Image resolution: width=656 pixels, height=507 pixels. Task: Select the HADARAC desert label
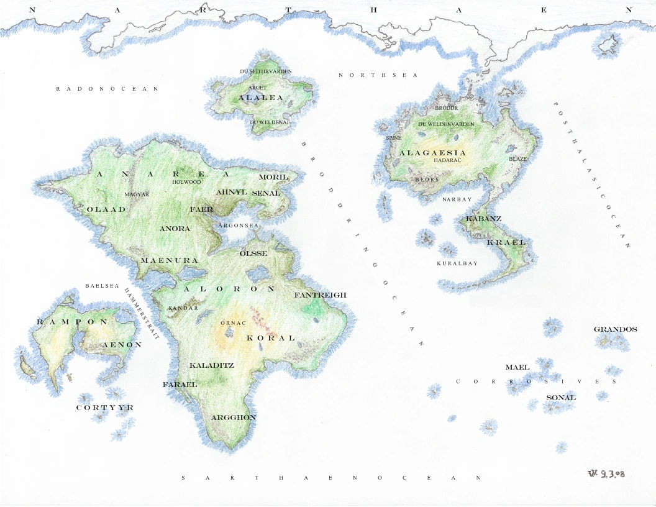[447, 160]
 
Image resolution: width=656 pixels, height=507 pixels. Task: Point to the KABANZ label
[483, 219]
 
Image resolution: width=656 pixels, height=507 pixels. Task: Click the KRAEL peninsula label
[506, 242]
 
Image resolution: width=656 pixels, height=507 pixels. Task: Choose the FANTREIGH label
[320, 295]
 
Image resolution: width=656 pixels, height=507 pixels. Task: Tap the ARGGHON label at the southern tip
[234, 418]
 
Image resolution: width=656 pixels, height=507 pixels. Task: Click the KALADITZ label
[212, 365]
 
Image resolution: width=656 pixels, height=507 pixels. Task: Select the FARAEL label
[180, 385]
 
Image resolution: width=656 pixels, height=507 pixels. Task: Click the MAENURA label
[169, 260]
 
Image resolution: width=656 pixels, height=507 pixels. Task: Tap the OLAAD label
[106, 209]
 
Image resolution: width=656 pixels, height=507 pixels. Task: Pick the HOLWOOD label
[186, 182]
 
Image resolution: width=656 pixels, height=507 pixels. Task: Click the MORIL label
[269, 177]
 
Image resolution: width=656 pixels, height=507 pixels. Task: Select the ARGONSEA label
[239, 225]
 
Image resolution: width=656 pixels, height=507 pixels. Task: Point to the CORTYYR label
[104, 408]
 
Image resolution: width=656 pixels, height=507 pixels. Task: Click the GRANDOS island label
[615, 329]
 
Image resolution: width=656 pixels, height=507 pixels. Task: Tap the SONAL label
[560, 398]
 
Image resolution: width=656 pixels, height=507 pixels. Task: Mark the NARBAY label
[457, 199]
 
